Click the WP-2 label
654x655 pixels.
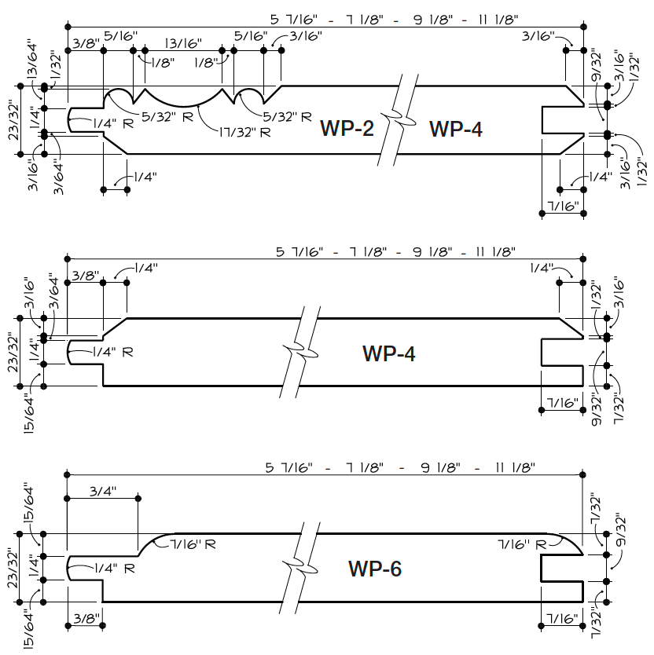347,128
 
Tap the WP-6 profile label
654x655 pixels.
374,568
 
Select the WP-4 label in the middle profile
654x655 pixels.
388,353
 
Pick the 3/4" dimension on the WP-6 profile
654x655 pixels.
102,492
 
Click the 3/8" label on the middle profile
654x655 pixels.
85,276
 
